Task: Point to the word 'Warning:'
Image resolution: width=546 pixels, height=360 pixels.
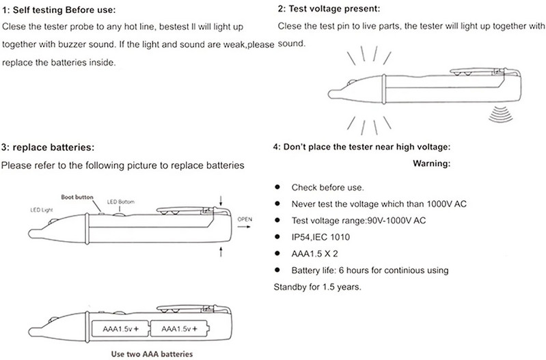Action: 433,165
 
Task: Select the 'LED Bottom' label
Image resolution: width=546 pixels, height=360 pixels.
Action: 122,202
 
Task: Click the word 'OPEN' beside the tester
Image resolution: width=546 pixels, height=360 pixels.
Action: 245,218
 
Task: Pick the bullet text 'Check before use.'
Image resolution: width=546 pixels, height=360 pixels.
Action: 327,187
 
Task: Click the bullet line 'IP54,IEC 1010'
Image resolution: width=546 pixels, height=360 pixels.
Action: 321,237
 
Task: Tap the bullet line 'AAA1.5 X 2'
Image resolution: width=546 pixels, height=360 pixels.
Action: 315,253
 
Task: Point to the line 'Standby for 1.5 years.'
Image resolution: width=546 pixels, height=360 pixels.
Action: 316,286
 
